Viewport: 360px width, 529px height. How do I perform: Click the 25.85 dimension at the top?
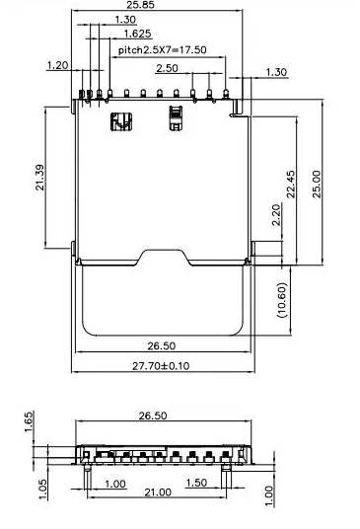[x=141, y=5]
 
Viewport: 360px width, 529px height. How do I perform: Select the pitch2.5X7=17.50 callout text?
[x=162, y=50]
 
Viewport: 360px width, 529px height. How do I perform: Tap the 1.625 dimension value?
[x=137, y=34]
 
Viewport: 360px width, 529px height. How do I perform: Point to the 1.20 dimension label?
[x=57, y=65]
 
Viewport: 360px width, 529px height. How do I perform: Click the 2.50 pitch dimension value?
[x=168, y=68]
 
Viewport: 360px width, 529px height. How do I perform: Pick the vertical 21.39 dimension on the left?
[x=39, y=178]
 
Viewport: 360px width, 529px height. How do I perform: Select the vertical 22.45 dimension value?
[x=291, y=184]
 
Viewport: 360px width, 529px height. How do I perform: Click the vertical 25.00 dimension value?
[x=317, y=184]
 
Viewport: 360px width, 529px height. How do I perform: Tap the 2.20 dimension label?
[x=276, y=214]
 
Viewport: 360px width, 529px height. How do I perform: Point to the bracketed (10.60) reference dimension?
[x=282, y=300]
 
